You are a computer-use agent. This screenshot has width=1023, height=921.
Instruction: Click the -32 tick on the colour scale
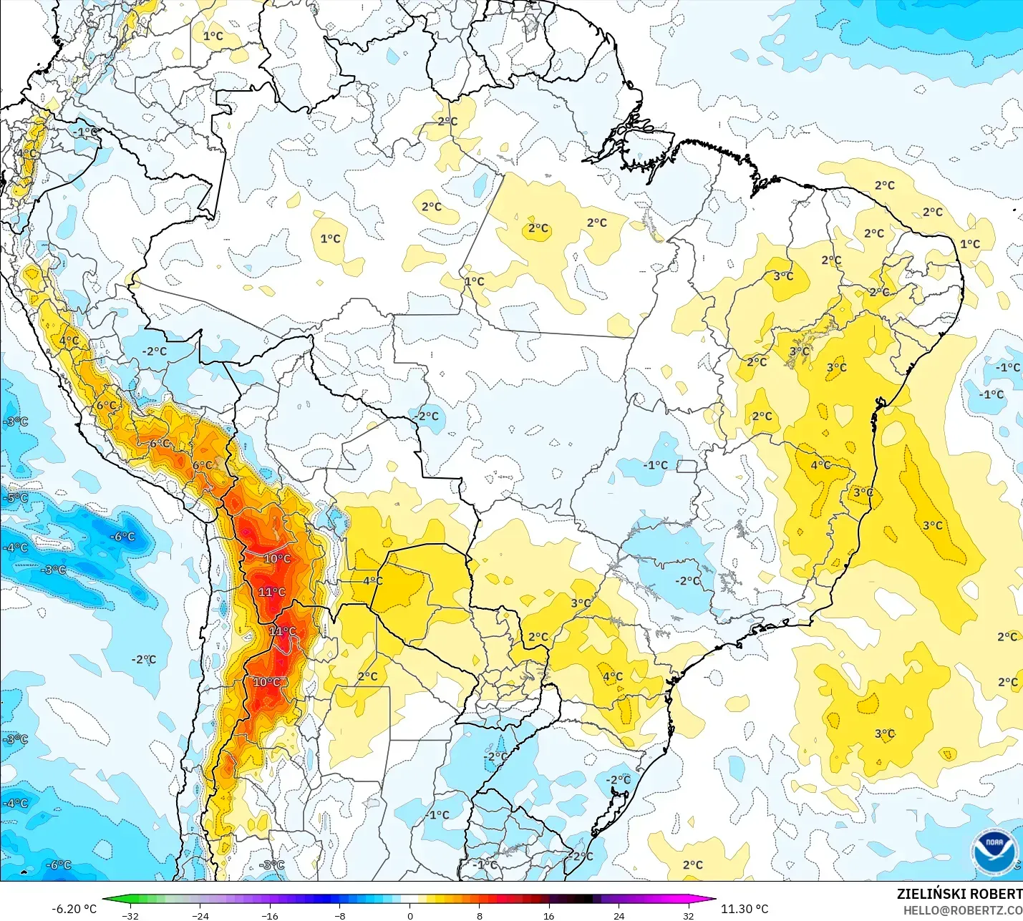[x=130, y=915]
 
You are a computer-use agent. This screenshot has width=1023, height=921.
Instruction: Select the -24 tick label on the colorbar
[x=200, y=915]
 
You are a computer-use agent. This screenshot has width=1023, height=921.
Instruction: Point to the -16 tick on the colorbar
[x=270, y=915]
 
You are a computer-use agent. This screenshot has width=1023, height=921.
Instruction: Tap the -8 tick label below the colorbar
[x=340, y=915]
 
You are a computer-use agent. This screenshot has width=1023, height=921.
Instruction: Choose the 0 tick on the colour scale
[x=409, y=915]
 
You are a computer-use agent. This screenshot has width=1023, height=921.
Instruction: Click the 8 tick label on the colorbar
[x=480, y=915]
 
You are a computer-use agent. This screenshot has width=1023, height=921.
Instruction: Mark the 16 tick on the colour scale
[x=548, y=915]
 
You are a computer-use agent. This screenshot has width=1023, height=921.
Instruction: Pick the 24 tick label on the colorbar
[x=619, y=915]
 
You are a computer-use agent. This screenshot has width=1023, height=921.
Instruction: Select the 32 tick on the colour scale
[x=688, y=915]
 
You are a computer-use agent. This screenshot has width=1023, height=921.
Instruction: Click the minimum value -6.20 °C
[x=74, y=909]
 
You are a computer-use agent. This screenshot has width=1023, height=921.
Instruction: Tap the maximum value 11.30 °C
[x=745, y=909]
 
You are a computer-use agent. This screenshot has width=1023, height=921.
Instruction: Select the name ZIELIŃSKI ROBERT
[x=959, y=894]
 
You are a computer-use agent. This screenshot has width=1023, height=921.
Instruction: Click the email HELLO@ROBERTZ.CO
[x=962, y=910]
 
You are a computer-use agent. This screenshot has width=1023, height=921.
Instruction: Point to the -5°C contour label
[x=16, y=497]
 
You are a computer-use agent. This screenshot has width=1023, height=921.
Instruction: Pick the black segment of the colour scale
[x=583, y=899]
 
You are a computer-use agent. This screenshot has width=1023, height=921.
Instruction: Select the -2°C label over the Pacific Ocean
[x=144, y=659]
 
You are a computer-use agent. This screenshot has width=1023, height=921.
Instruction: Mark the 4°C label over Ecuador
[x=27, y=154]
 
